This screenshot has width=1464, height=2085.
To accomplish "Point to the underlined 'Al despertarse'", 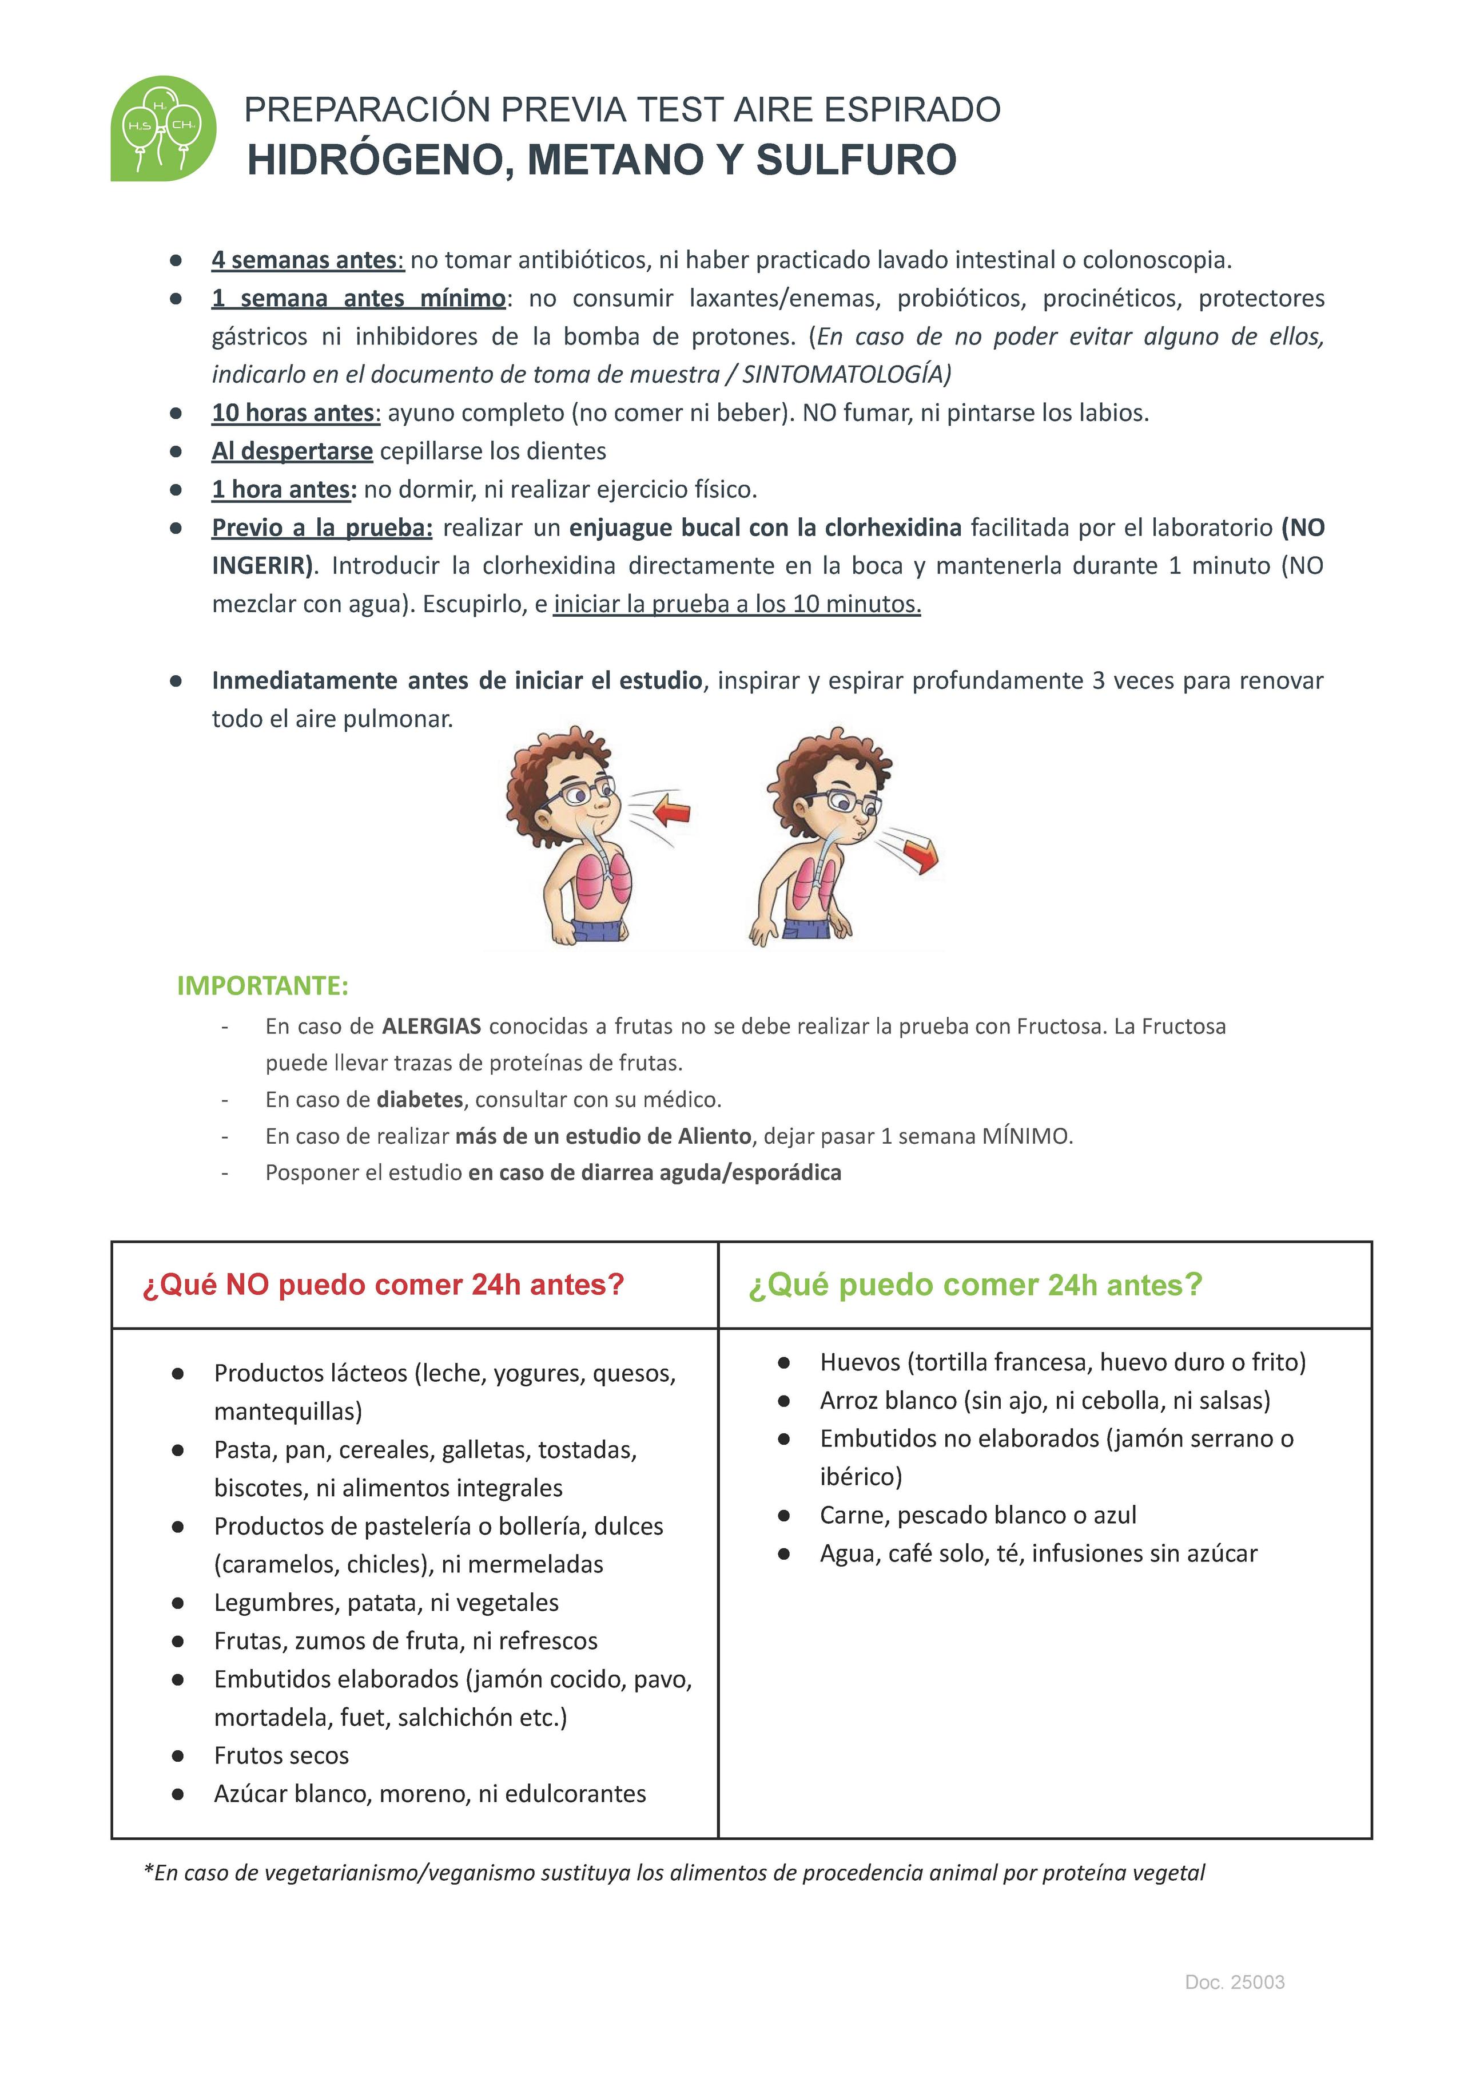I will click(x=292, y=451).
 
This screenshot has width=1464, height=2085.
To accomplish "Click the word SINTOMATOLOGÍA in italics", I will click(x=844, y=374).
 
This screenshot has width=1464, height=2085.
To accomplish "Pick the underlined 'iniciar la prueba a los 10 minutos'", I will click(x=737, y=604).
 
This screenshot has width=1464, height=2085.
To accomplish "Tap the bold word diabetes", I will click(x=419, y=1100).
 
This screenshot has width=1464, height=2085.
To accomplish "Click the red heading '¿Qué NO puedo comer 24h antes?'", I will click(x=383, y=1285).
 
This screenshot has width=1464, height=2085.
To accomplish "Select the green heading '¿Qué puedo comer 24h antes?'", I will click(x=975, y=1285).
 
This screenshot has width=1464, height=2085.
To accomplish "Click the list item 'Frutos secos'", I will click(x=281, y=1755).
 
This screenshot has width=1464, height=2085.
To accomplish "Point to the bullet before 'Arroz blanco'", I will click(x=784, y=1401).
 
